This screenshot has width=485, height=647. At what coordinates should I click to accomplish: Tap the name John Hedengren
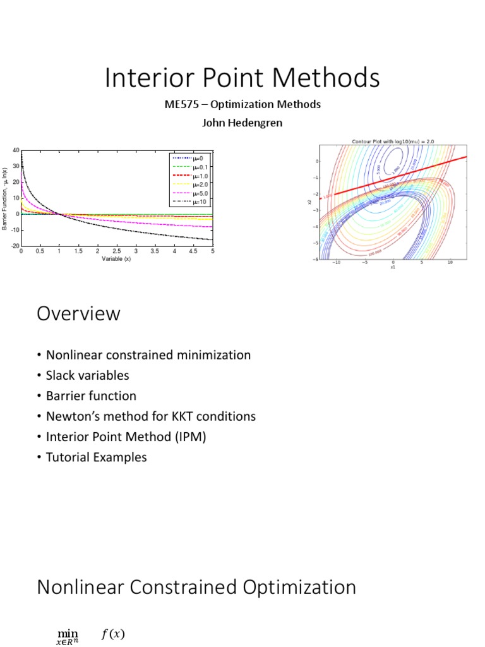coord(242,123)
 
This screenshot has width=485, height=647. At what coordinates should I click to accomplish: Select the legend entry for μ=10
coord(198,202)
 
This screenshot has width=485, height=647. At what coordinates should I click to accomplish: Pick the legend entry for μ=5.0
coord(200,193)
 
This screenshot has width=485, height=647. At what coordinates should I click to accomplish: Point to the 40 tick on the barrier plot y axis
coord(16,150)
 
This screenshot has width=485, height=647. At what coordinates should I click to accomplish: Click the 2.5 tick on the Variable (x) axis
coord(117,251)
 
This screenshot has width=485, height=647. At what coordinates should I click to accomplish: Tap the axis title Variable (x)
coord(116,259)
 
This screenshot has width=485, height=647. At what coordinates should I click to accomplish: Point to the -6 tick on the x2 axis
coord(317,259)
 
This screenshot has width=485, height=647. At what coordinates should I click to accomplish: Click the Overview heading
coord(78,314)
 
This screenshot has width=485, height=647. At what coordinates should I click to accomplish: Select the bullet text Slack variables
coord(87,375)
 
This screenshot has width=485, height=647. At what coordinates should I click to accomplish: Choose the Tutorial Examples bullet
coord(96,457)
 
